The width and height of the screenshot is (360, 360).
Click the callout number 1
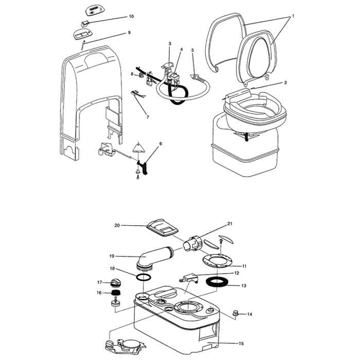point(293,16)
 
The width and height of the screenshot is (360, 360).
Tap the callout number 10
point(131,16)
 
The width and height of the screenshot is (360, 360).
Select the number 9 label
point(129,32)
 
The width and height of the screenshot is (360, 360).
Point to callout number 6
point(160,143)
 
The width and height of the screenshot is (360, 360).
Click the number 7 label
point(147,117)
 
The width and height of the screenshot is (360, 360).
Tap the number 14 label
point(250,314)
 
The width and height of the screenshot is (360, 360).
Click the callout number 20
point(117,225)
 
